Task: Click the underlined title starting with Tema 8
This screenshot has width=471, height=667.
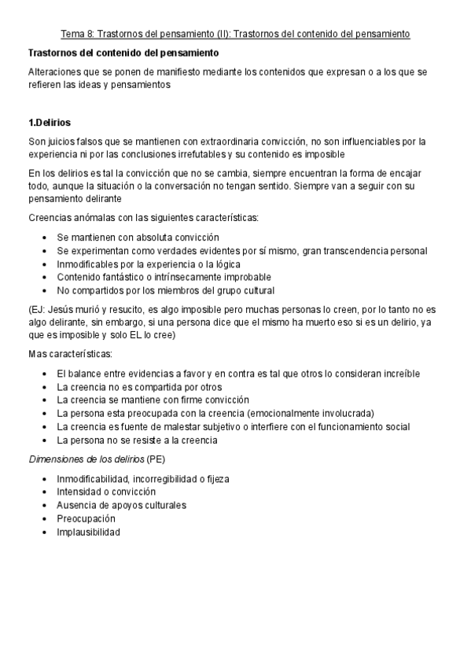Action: tap(236, 35)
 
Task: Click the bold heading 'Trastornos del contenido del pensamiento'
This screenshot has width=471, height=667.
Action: tap(123, 53)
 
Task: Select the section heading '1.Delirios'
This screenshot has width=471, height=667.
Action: tap(50, 123)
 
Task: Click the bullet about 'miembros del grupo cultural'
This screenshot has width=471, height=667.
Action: tap(165, 290)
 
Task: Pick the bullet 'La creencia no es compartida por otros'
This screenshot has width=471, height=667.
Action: tap(139, 386)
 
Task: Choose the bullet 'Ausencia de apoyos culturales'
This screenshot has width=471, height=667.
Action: tap(121, 505)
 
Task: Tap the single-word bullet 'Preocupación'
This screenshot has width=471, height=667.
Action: tap(86, 518)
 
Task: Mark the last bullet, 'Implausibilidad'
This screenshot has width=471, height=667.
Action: tap(89, 532)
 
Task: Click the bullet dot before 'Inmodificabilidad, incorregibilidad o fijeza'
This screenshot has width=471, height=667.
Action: tap(45, 478)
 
